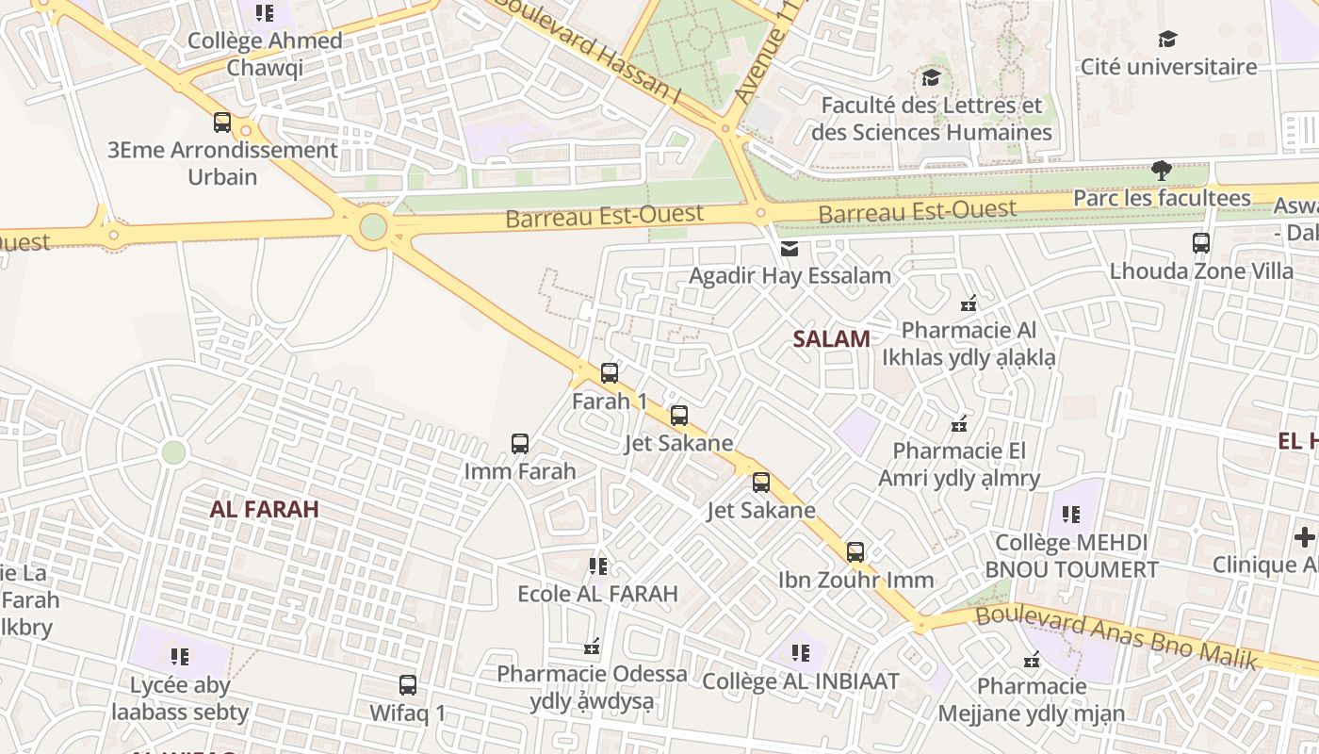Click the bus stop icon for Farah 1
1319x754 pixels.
click(x=610, y=373)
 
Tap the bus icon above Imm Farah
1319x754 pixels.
click(x=519, y=444)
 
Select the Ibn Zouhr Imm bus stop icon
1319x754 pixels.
click(x=855, y=552)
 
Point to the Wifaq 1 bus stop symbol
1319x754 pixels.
click(x=407, y=685)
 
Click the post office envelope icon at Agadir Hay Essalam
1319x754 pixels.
click(x=789, y=249)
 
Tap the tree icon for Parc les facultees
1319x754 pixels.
click(x=1162, y=171)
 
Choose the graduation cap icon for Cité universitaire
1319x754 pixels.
click(x=1168, y=40)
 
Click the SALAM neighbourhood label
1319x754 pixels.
click(x=831, y=339)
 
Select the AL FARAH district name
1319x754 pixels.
click(x=264, y=510)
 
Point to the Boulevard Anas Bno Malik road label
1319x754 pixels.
click(x=1116, y=637)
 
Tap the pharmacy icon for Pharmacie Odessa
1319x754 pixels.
click(x=592, y=647)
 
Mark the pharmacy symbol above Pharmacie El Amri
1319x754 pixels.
click(x=959, y=424)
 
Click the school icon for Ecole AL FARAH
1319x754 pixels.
click(x=597, y=566)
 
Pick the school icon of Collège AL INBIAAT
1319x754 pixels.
click(x=801, y=653)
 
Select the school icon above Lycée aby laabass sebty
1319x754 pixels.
click(x=179, y=657)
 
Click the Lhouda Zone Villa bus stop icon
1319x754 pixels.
click(x=1201, y=243)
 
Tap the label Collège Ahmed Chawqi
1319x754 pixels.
click(x=265, y=54)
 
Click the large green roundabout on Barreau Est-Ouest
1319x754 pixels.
click(x=373, y=226)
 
